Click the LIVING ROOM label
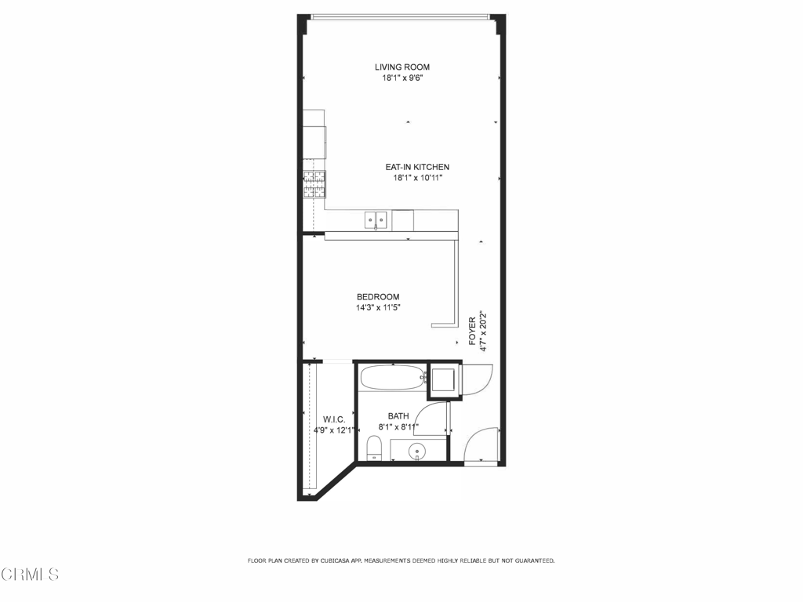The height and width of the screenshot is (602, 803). (x=402, y=67)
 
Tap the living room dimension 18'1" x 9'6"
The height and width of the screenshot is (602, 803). (x=402, y=78)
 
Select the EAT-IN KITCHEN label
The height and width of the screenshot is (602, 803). (x=417, y=167)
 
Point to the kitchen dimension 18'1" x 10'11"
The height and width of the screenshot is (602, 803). (x=417, y=178)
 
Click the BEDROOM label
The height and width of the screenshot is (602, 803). (x=378, y=297)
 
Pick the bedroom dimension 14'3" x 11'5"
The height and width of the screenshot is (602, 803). (x=378, y=307)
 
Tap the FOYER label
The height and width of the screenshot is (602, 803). (x=472, y=331)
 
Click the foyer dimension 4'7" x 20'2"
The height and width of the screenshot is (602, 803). (x=482, y=332)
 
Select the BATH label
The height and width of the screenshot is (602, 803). (x=398, y=416)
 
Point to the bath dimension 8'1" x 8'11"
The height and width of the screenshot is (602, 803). (x=398, y=427)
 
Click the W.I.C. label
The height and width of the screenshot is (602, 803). (x=334, y=420)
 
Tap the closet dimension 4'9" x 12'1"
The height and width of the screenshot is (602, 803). (x=334, y=430)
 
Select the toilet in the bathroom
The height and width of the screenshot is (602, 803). (x=374, y=448)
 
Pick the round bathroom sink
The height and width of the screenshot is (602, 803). (x=417, y=451)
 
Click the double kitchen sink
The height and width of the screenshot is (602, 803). (x=376, y=220)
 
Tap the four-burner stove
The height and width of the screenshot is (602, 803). (x=314, y=184)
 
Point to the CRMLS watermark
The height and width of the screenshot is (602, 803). (x=31, y=575)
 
